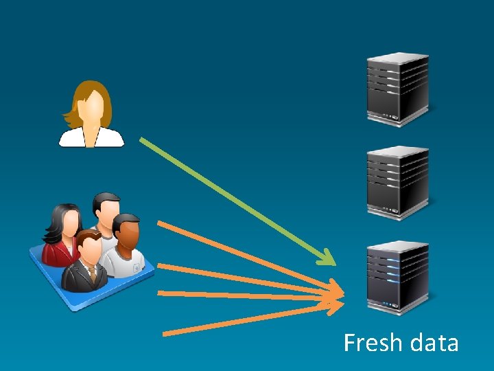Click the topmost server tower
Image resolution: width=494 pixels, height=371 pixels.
[397, 88]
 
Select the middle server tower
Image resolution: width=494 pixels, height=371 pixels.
[397, 181]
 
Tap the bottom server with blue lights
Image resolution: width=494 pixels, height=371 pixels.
[397, 276]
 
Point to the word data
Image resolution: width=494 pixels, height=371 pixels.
[432, 342]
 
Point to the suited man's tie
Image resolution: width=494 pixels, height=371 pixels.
[92, 272]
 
